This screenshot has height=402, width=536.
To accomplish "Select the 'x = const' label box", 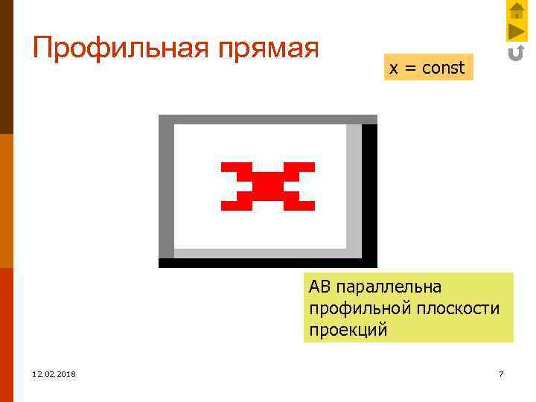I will click(x=427, y=68).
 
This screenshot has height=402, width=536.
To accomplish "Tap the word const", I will click(x=443, y=68).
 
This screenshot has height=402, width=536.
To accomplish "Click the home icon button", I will click(x=517, y=11).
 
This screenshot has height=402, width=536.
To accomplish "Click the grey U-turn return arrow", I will click(x=516, y=53).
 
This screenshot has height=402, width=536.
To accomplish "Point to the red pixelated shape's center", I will click(x=268, y=185).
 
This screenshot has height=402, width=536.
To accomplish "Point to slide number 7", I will click(x=501, y=374).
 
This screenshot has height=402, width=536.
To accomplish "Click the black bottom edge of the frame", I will click(x=268, y=263).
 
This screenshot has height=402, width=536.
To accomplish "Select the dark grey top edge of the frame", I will click(x=268, y=119).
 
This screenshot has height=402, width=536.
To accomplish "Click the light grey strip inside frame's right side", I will click(x=354, y=186).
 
